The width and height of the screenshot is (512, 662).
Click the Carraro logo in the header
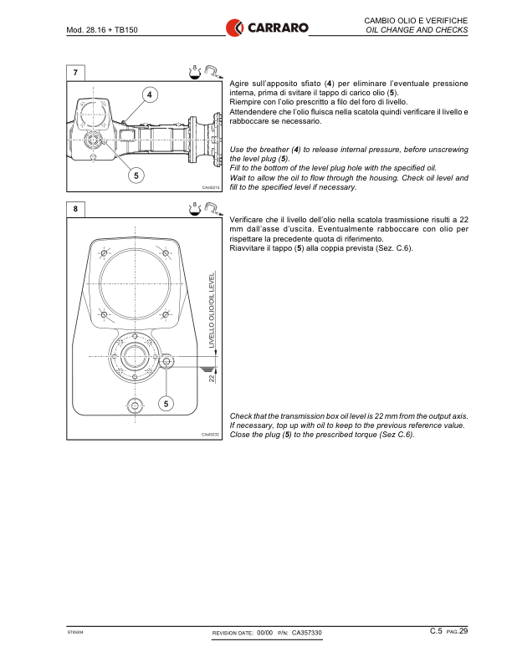[x=267, y=28]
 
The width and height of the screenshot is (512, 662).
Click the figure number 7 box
[x=76, y=73]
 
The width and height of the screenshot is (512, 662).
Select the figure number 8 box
[x=76, y=209]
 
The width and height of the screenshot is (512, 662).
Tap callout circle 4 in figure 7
[x=150, y=94]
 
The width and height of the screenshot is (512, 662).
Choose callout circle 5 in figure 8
[x=166, y=404]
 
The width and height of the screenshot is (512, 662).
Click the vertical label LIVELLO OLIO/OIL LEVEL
[x=212, y=310]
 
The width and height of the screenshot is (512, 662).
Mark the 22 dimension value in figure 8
[x=212, y=379]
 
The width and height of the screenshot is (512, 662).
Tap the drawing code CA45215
[x=210, y=188]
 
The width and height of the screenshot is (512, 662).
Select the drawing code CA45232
[x=210, y=435]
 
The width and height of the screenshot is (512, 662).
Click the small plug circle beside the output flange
[x=165, y=362]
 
